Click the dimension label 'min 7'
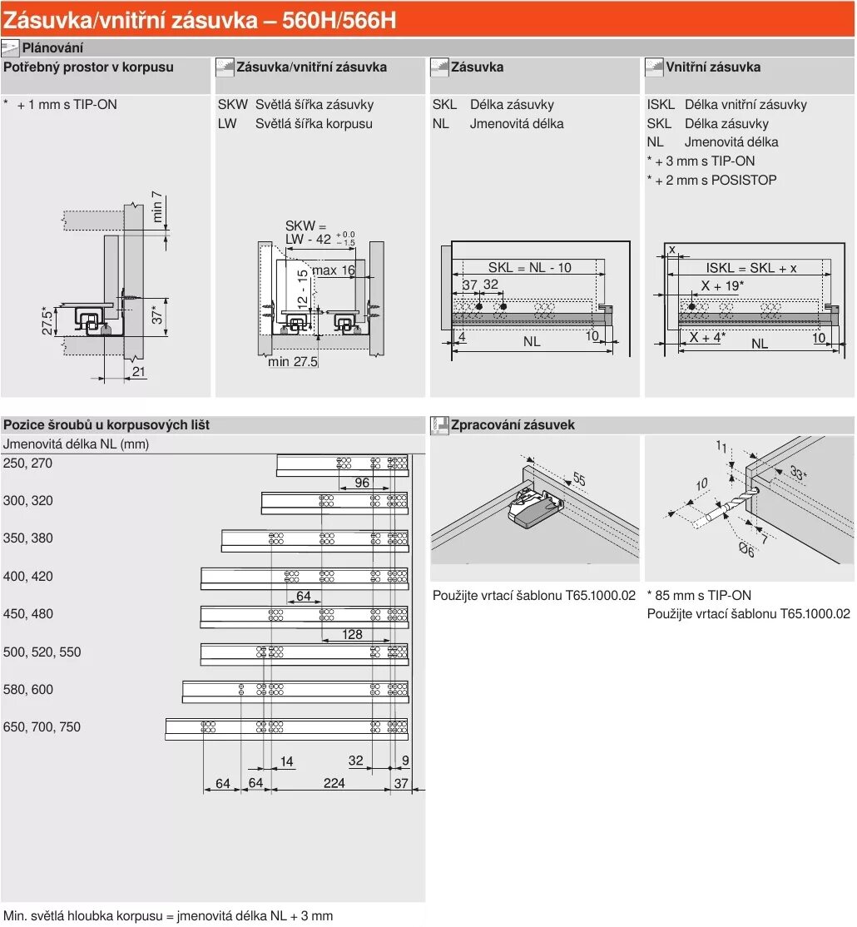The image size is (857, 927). (157, 208)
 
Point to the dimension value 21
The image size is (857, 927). (138, 372)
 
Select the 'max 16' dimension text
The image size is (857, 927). (334, 270)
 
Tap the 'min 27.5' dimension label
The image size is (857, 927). (293, 362)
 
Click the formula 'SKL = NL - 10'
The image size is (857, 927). (529, 267)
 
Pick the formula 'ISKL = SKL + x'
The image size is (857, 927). (751, 267)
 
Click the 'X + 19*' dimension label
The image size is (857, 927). (721, 286)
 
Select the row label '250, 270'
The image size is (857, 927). (28, 463)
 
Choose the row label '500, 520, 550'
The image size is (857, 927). (42, 652)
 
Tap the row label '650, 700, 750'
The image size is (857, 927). (42, 726)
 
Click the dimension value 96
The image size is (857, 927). (362, 483)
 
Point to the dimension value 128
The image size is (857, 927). (352, 634)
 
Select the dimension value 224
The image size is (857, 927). (334, 783)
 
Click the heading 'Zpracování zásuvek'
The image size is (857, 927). (513, 425)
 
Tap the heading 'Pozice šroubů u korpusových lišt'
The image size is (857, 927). (107, 425)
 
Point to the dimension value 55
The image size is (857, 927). (579, 479)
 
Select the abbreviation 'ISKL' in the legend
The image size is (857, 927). (661, 105)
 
